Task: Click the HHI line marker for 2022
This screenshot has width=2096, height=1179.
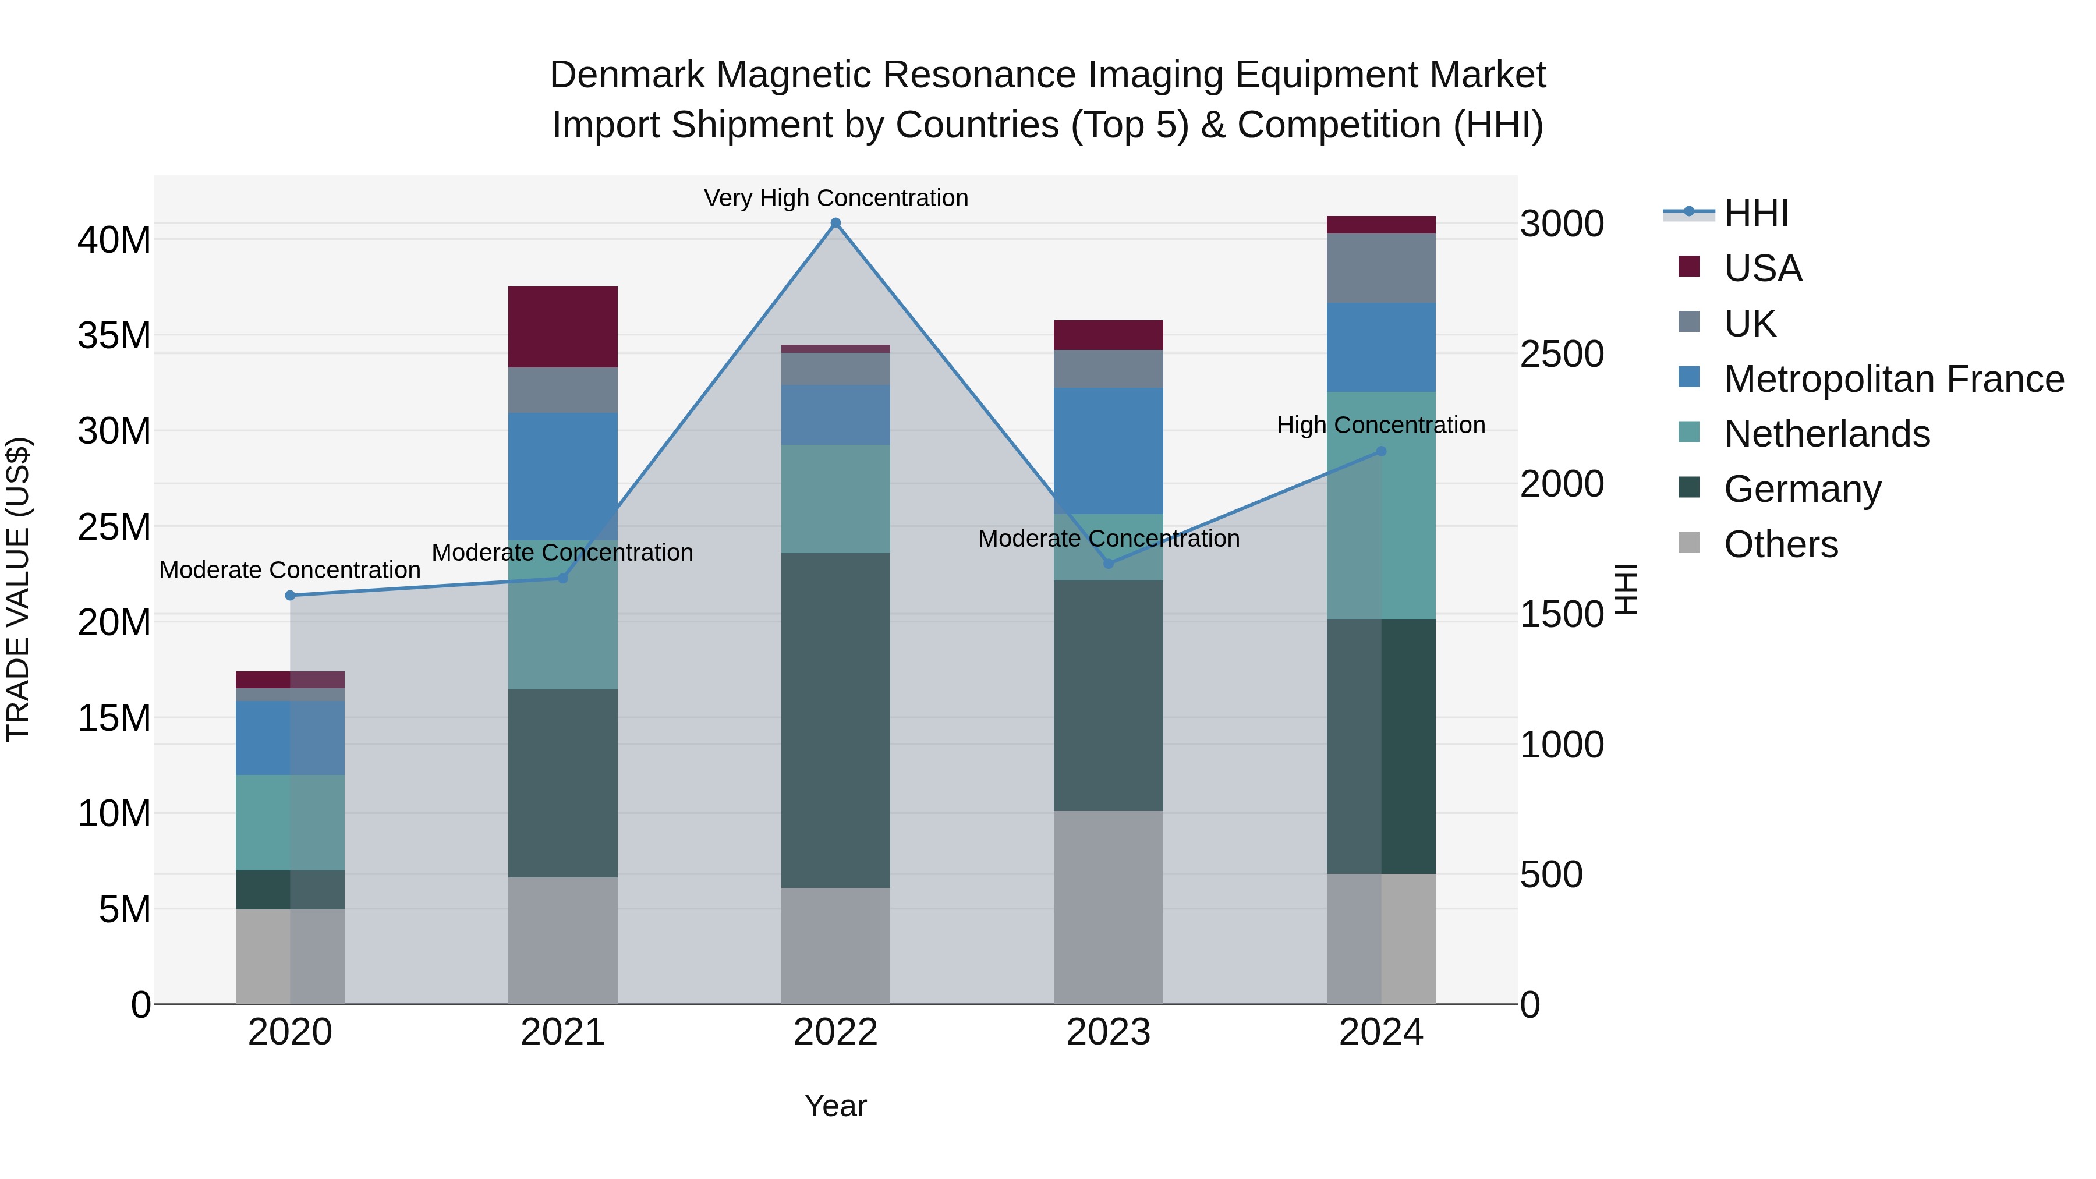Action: click(x=835, y=223)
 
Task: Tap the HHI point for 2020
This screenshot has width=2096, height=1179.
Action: click(x=290, y=596)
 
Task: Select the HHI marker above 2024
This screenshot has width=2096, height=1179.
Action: click(x=1381, y=452)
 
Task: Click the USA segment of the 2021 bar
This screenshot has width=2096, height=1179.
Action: click(x=562, y=327)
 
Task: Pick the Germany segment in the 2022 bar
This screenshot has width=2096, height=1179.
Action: click(x=835, y=720)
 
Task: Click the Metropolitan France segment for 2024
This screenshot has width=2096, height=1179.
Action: click(x=1381, y=348)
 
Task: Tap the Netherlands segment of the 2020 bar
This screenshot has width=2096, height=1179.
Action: click(x=290, y=823)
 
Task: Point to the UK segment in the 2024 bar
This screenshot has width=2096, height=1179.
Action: click(x=1381, y=268)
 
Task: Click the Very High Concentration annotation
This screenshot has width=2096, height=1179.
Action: click(x=835, y=199)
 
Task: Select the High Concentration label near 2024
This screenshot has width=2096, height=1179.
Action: click(x=1381, y=426)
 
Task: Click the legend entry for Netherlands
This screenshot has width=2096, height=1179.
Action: click(x=1826, y=434)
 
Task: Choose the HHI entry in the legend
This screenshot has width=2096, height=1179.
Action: click(x=1756, y=213)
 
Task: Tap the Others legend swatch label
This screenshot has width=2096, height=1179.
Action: click(x=1780, y=544)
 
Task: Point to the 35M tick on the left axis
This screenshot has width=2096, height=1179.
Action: click(x=115, y=335)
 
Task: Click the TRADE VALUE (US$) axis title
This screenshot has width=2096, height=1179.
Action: click(x=19, y=589)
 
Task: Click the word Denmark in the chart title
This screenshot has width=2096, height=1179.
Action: click(x=626, y=75)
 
